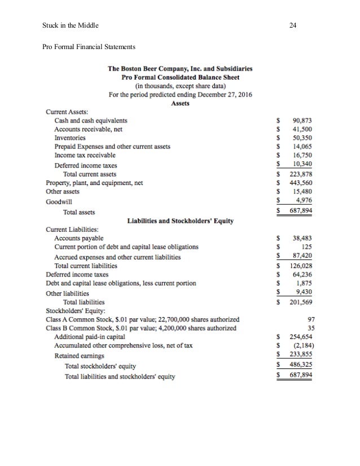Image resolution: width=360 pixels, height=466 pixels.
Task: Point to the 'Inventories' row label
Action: [x=70, y=137]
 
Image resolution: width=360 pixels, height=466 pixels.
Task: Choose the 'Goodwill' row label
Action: [x=59, y=201]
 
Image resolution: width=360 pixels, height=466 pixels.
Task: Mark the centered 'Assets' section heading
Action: [x=180, y=104]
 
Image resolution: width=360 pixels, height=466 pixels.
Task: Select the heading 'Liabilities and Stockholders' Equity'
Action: [x=181, y=221]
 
